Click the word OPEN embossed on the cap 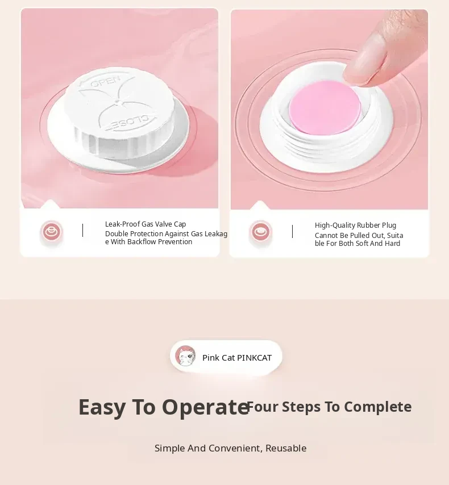[x=106, y=82]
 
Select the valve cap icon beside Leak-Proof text [x=51, y=232]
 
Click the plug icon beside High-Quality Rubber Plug [x=260, y=232]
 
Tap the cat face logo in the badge [x=185, y=356]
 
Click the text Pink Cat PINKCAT [x=237, y=358]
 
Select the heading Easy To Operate [x=164, y=407]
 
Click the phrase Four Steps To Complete [x=330, y=407]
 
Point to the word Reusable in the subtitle [x=286, y=448]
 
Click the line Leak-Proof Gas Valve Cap [x=145, y=224]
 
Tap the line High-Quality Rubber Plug [x=355, y=225]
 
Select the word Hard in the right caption [x=393, y=244]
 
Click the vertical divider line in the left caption [x=82, y=231]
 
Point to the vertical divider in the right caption [x=292, y=231]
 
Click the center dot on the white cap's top [x=117, y=101]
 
